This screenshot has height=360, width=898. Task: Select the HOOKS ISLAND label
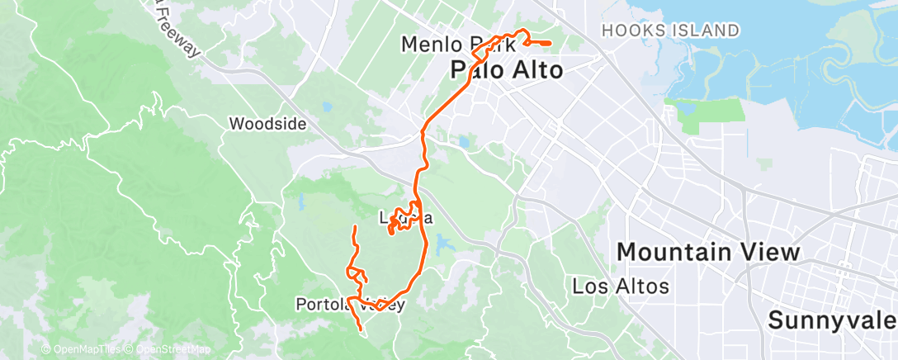670,31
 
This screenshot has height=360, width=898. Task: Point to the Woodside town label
267,125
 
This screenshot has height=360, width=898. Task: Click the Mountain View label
707,252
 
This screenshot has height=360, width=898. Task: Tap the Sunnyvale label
832,320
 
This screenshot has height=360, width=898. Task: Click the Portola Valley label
350,305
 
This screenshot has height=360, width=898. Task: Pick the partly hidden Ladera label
405,219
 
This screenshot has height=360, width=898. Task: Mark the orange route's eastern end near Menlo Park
551,43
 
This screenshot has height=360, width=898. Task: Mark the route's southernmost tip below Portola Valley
361,331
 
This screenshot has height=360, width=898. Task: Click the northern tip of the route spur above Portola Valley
355,227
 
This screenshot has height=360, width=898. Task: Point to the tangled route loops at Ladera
402,220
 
